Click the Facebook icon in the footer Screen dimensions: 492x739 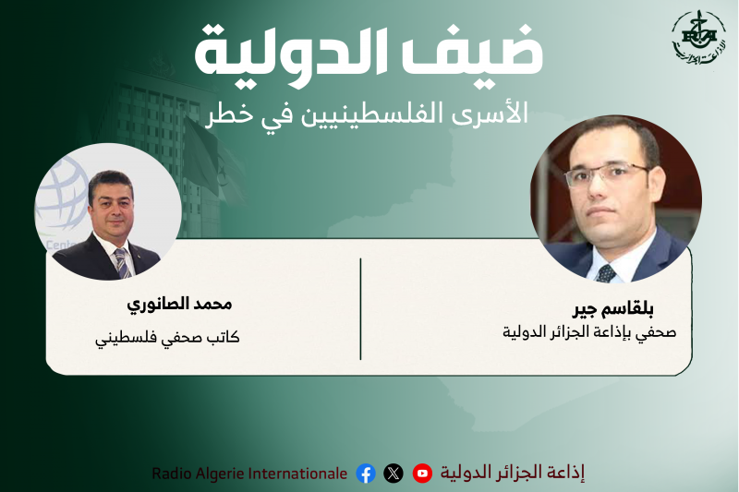click(366, 474)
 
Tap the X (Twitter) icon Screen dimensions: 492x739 click(394, 474)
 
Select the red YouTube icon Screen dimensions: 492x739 click(422, 474)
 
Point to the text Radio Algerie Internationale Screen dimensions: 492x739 click(249, 474)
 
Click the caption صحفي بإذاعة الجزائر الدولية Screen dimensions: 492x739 click(588, 331)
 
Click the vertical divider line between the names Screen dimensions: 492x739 click(360, 309)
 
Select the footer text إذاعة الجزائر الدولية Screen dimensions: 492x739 click(513, 474)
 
